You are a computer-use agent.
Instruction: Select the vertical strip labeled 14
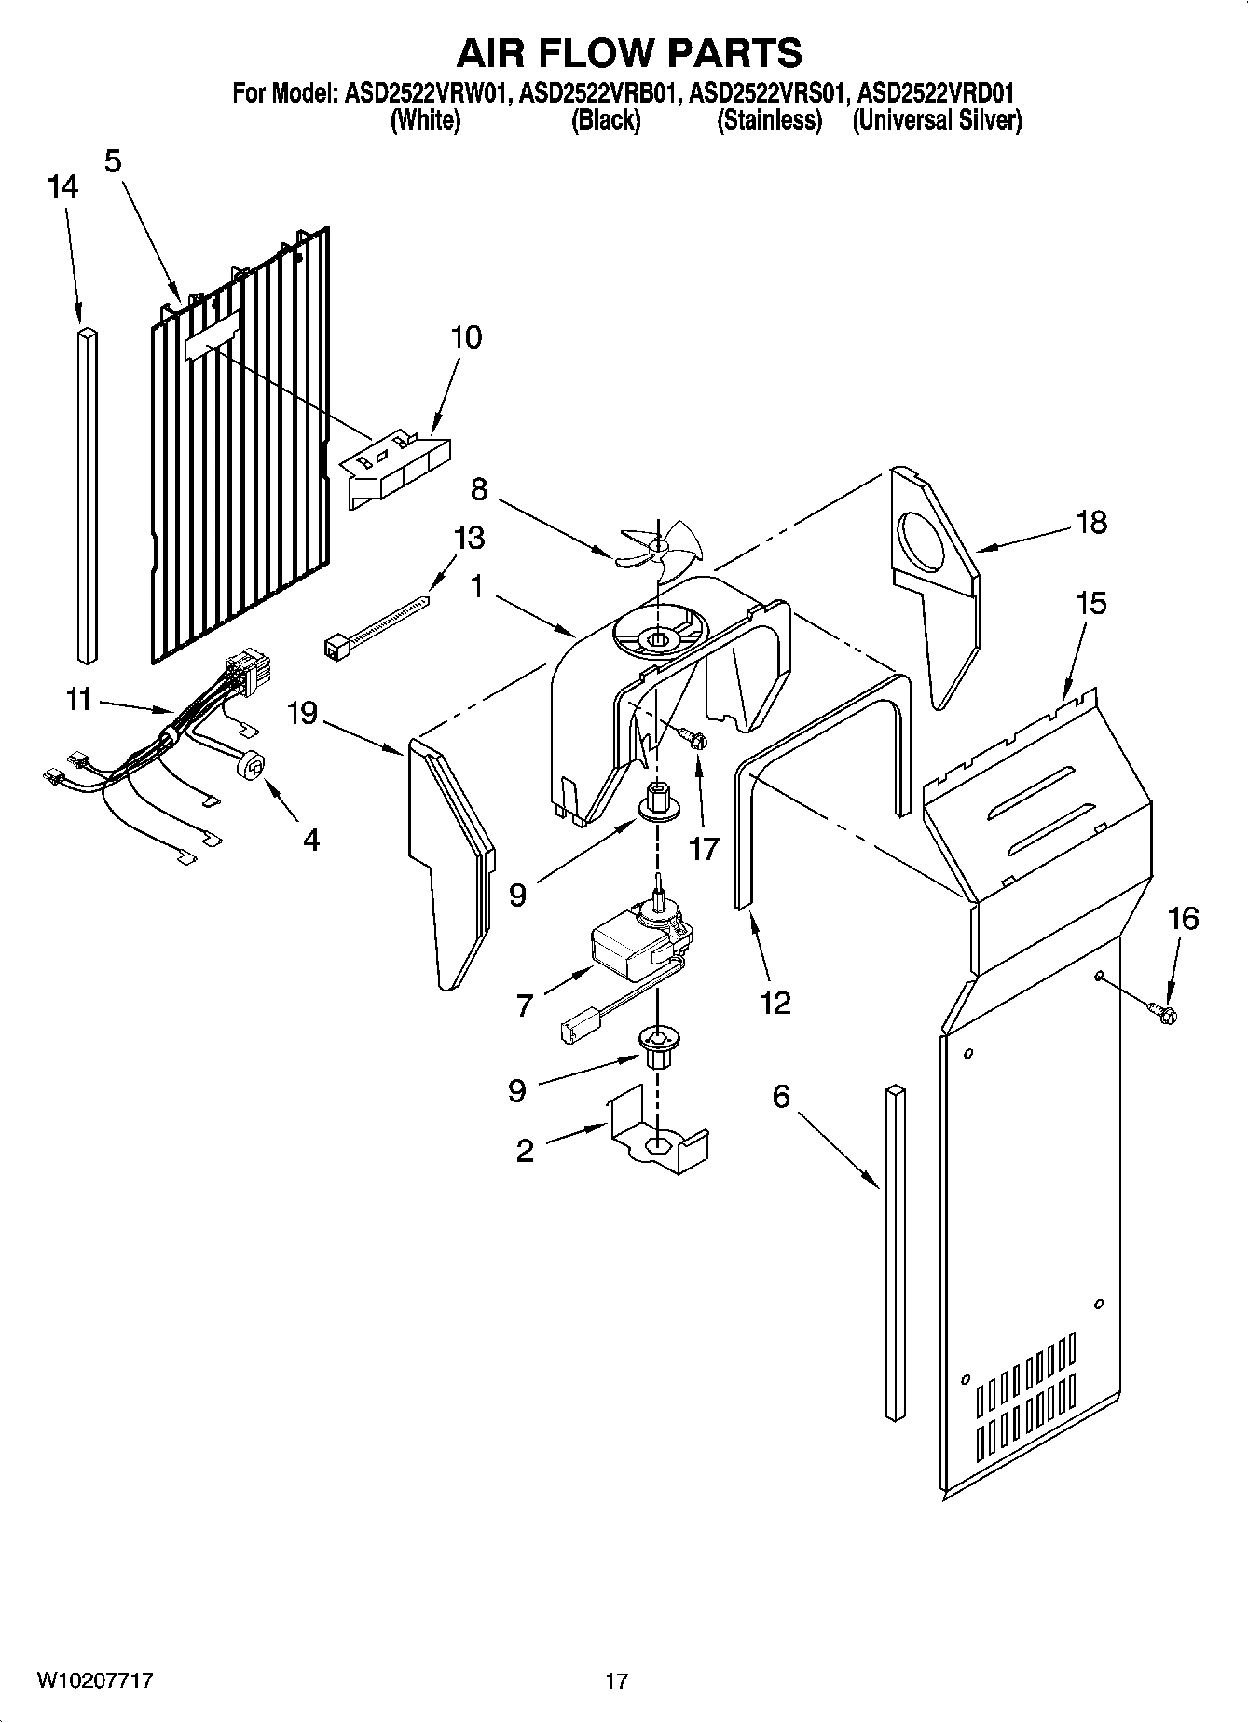click(87, 494)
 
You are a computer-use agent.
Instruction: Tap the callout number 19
click(302, 714)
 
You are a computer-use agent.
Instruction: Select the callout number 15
click(1090, 603)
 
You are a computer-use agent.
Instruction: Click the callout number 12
click(775, 1002)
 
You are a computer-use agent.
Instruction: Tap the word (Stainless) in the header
click(769, 120)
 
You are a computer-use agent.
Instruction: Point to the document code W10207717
click(95, 1680)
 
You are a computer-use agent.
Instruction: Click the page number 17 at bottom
click(616, 1681)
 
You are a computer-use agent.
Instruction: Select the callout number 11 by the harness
click(79, 698)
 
